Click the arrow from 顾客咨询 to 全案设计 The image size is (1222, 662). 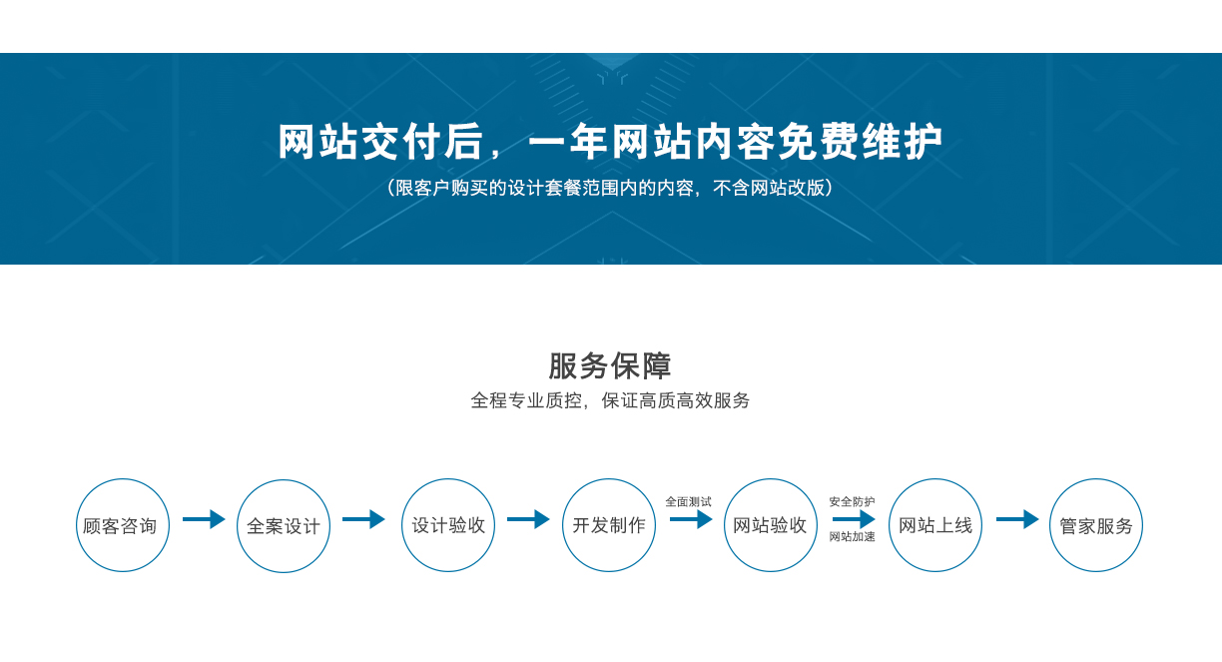tap(204, 519)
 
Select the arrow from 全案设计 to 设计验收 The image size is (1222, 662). tap(363, 519)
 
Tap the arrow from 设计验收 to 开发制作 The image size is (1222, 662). tap(528, 519)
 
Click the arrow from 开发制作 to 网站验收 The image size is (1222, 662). tap(691, 519)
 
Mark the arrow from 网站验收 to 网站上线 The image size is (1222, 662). tap(854, 519)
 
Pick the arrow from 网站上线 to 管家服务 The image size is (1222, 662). tap(1017, 519)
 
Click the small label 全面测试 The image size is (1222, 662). tap(689, 501)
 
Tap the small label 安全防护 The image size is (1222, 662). tap(853, 501)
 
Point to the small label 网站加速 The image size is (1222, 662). tap(853, 536)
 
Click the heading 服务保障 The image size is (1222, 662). tap(610, 365)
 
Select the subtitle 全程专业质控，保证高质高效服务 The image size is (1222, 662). tap(610, 400)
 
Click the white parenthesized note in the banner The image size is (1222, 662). tap(610, 188)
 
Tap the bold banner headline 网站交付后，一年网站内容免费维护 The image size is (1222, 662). tap(610, 142)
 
